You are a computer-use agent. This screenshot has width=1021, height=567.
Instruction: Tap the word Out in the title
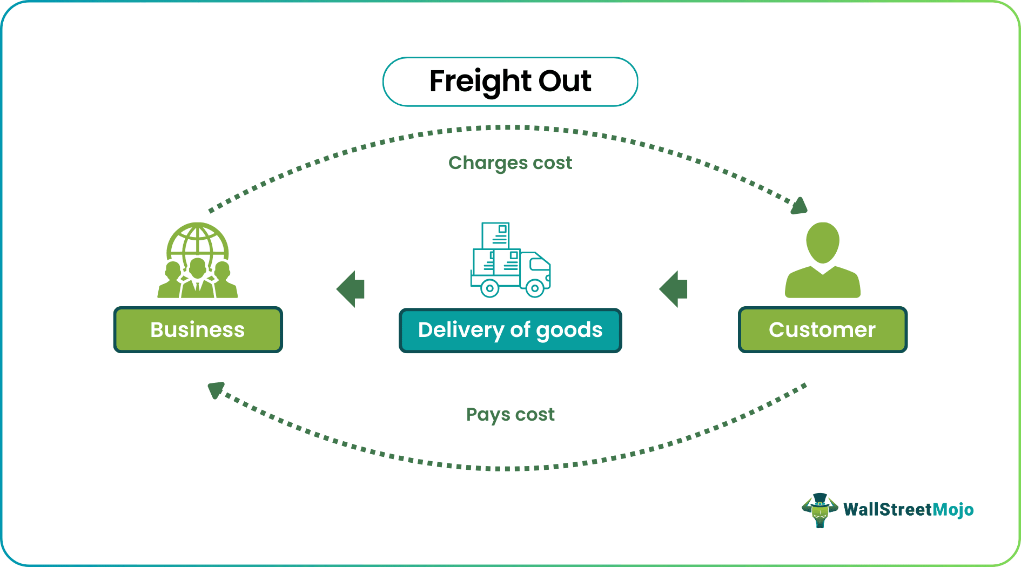(x=565, y=81)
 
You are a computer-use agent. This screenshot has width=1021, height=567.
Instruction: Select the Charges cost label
(x=510, y=163)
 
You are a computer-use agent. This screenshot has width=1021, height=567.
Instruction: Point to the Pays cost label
(x=510, y=415)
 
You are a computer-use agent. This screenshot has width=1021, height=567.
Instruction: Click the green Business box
(x=198, y=330)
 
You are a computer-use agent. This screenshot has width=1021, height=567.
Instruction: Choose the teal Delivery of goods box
(x=510, y=330)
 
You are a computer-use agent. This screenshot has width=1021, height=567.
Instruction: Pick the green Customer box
(x=822, y=330)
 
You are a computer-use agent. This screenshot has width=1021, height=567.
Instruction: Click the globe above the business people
(x=198, y=240)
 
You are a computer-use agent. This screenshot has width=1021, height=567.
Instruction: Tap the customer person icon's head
(x=822, y=242)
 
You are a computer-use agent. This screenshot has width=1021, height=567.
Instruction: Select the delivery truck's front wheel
(x=535, y=288)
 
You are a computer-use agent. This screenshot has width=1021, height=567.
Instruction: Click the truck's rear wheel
(x=489, y=288)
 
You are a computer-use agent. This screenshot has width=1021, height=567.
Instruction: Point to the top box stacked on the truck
(x=496, y=235)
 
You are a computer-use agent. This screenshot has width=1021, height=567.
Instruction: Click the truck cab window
(x=539, y=265)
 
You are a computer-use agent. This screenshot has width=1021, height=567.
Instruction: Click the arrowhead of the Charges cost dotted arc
(x=800, y=206)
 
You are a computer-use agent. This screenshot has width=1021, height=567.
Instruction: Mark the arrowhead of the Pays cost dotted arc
(x=216, y=389)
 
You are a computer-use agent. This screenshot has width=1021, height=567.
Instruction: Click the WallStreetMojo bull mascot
(x=820, y=510)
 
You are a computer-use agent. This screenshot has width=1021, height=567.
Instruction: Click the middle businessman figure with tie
(x=198, y=278)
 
